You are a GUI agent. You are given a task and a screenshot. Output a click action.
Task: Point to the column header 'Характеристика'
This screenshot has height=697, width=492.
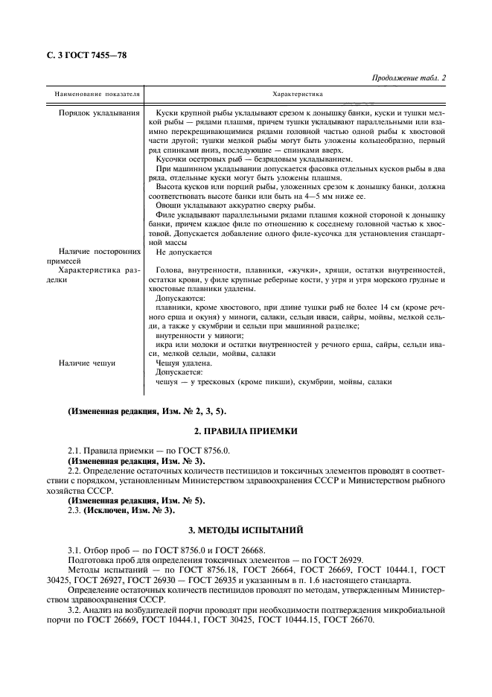tap(297, 95)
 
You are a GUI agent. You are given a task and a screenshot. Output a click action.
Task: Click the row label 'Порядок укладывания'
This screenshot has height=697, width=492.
tap(99, 112)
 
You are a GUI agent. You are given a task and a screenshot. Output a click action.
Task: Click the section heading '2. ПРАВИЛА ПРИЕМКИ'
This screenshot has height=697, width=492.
tap(246, 431)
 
